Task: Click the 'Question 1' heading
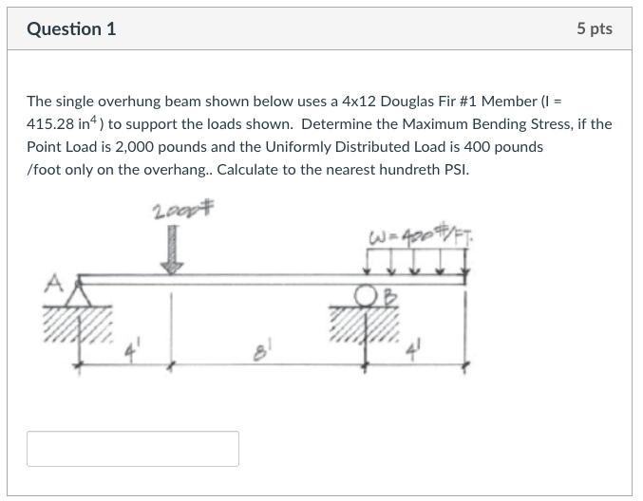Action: coord(71,28)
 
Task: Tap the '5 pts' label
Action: coord(594,28)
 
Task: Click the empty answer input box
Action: coord(133,449)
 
